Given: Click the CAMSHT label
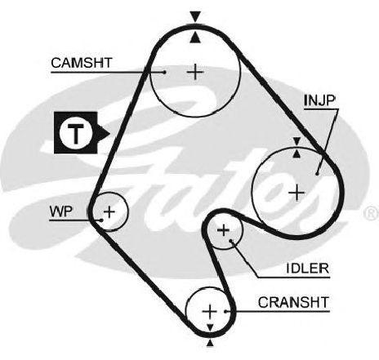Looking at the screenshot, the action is [82, 63].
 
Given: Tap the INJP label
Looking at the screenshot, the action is [319, 100].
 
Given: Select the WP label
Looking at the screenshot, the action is [61, 211].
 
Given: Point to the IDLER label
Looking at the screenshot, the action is [308, 269].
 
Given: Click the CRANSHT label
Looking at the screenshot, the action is [293, 302].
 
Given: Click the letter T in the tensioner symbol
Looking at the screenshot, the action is [75, 133].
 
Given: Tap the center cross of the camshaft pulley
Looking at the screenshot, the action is [195, 72].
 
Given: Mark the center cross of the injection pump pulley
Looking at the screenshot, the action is [297, 193].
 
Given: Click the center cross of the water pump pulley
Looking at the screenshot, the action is [109, 212].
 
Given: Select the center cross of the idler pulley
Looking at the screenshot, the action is [224, 230].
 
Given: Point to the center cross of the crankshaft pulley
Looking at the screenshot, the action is [210, 311].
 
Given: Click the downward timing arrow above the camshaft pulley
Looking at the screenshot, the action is [195, 16].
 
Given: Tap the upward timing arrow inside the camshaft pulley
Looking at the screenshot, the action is [195, 38].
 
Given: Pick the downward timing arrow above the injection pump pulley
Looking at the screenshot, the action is [297, 142].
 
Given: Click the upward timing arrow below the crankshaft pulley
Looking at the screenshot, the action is [210, 343].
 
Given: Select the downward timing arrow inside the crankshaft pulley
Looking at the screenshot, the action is [210, 327].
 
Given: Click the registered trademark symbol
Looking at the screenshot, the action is [371, 213].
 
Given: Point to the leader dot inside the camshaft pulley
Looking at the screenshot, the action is [164, 72].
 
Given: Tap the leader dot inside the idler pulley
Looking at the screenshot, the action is [231, 241].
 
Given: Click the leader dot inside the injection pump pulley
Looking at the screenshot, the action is [317, 173].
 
